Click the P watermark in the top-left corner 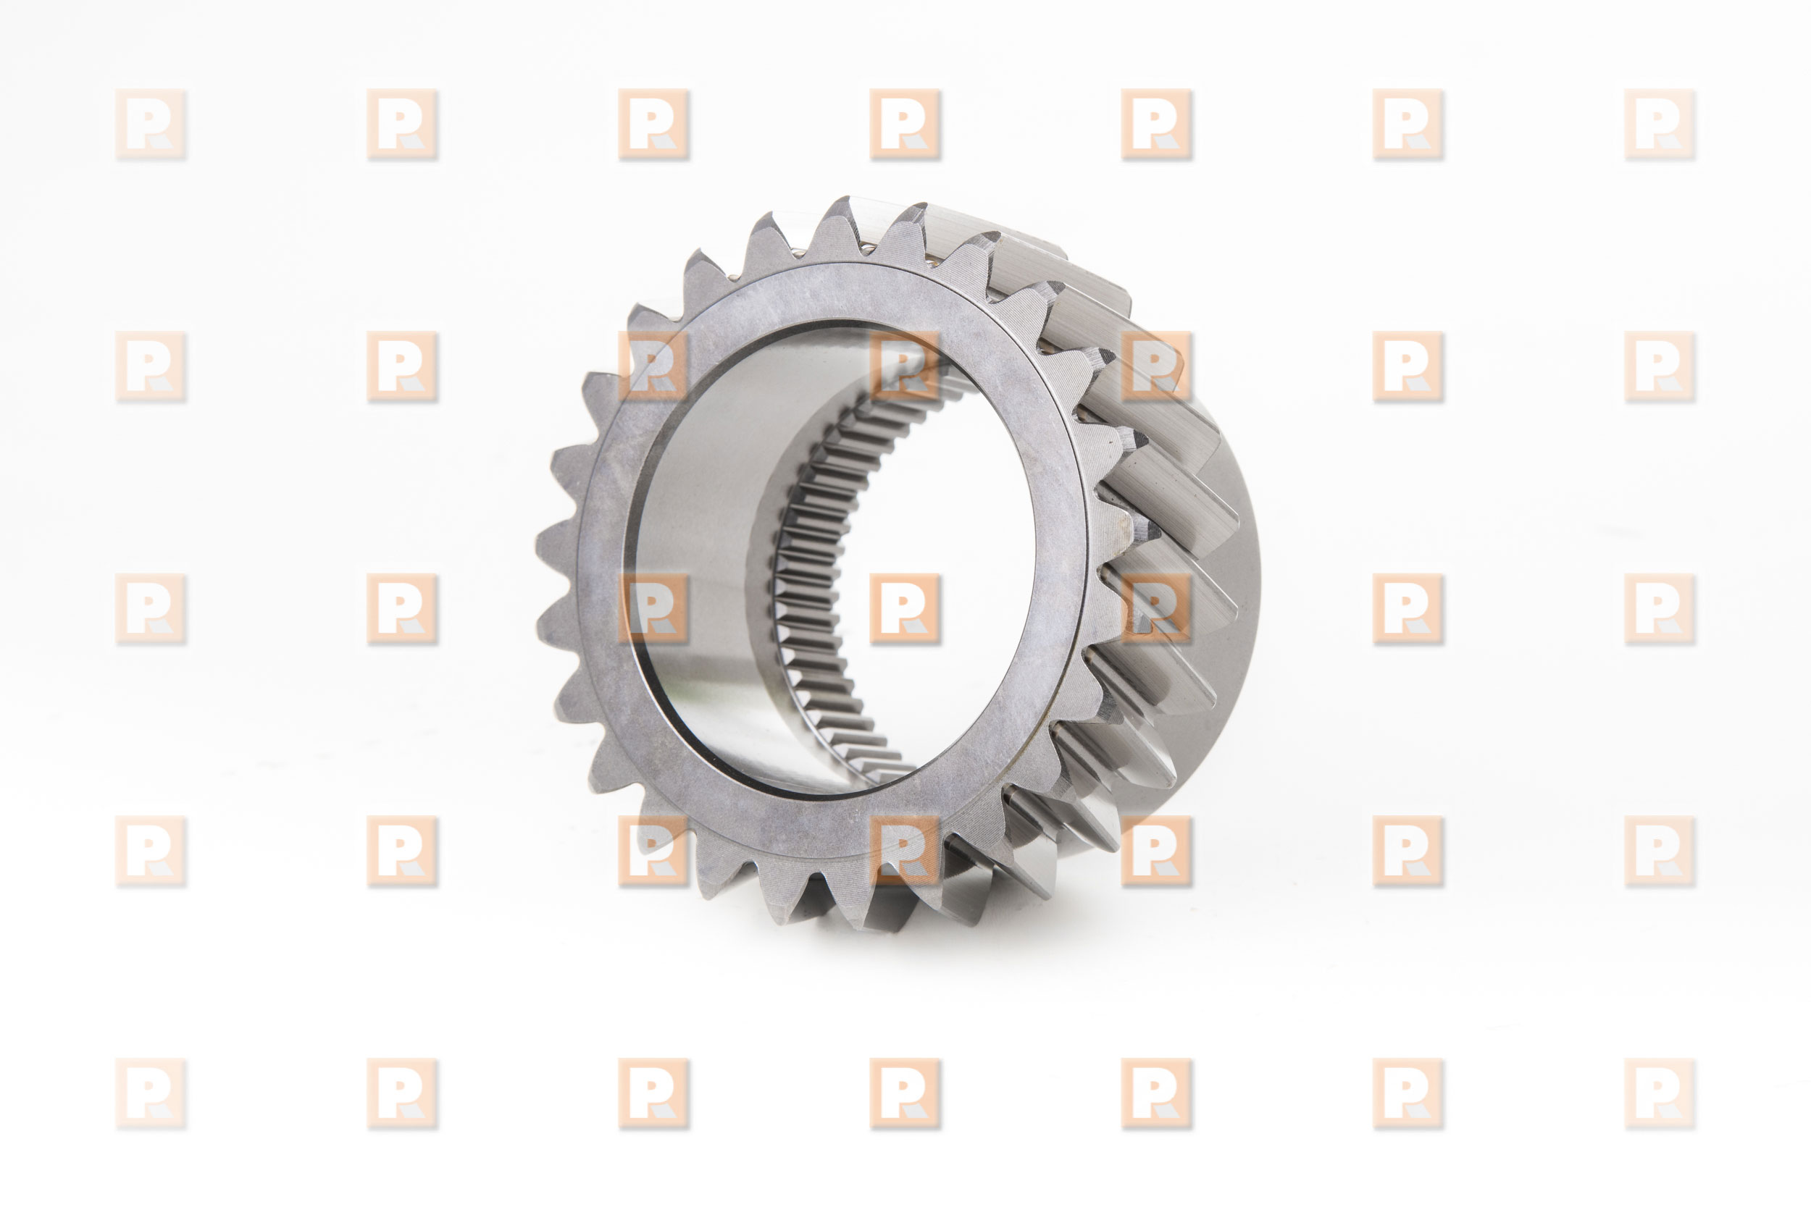pyautogui.click(x=151, y=125)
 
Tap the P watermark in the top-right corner pyautogui.click(x=1660, y=125)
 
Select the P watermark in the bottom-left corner pyautogui.click(x=151, y=1093)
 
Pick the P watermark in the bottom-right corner pyautogui.click(x=1660, y=1093)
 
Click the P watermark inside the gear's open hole pyautogui.click(x=905, y=609)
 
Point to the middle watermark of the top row pyautogui.click(x=905, y=125)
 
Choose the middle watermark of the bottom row pyautogui.click(x=905, y=1093)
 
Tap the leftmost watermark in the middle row pyautogui.click(x=151, y=609)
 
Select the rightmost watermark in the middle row pyautogui.click(x=1660, y=609)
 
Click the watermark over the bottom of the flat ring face pyautogui.click(x=905, y=851)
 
